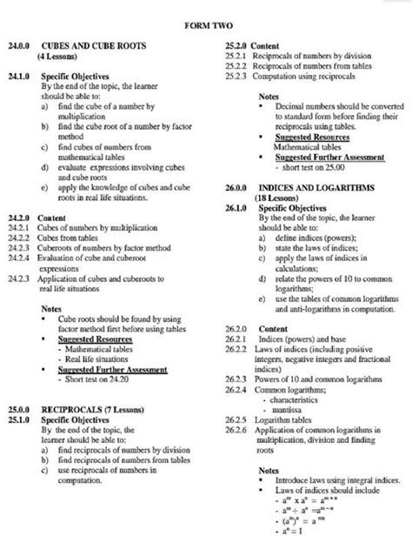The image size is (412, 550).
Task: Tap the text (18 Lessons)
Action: (x=275, y=198)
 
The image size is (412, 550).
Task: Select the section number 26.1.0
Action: (x=237, y=208)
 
